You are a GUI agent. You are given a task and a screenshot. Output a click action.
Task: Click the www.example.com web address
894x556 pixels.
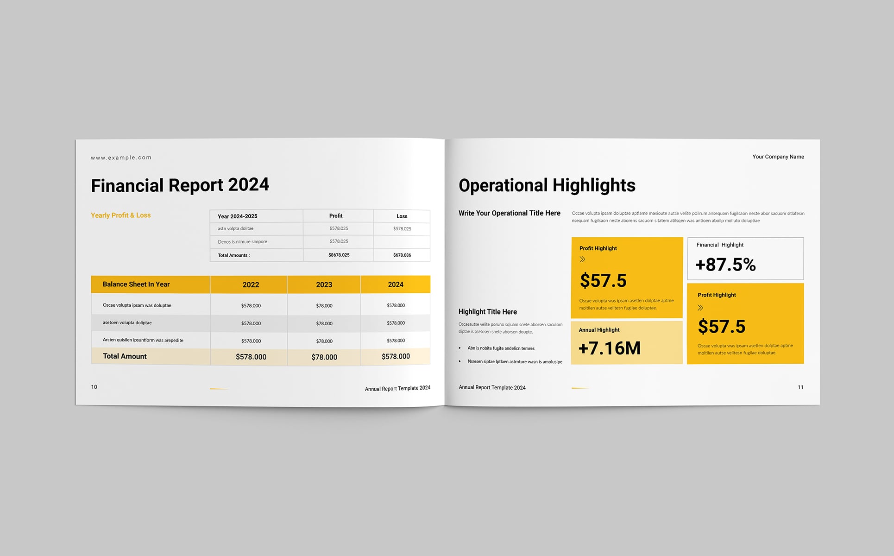click(x=121, y=158)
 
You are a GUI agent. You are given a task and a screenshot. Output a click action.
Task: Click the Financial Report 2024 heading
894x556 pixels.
click(x=180, y=185)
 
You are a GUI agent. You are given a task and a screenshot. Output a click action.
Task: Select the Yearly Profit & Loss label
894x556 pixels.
click(x=120, y=215)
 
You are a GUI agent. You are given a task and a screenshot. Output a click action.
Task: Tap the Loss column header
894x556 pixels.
click(x=402, y=216)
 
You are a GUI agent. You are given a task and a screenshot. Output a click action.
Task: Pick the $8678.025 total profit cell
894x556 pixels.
click(x=339, y=255)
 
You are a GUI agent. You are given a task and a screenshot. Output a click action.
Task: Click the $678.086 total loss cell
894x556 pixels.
click(x=402, y=255)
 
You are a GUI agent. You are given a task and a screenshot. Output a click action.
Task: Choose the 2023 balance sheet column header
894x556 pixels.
click(x=324, y=285)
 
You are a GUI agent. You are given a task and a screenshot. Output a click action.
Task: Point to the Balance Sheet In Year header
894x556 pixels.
click(x=136, y=284)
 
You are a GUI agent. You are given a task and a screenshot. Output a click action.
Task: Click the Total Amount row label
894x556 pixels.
click(x=125, y=356)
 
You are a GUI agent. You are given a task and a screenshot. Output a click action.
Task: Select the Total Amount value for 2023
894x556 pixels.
click(x=324, y=357)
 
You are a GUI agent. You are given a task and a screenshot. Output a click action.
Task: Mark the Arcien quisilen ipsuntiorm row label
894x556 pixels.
click(x=143, y=340)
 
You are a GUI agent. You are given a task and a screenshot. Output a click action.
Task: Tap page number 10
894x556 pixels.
click(x=94, y=387)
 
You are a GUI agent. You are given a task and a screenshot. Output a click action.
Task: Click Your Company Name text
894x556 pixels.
click(x=778, y=157)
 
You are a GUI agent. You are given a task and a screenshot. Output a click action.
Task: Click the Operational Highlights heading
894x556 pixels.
click(x=547, y=185)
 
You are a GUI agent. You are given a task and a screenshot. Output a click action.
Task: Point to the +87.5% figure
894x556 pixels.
click(x=725, y=265)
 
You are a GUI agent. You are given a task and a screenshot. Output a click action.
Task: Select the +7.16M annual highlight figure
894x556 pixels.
click(x=609, y=348)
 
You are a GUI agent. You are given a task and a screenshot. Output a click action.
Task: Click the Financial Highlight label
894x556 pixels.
click(x=719, y=245)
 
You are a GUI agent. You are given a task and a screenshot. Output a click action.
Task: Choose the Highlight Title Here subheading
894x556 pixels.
click(x=487, y=312)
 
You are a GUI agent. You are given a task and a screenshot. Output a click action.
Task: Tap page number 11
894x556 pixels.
click(x=800, y=387)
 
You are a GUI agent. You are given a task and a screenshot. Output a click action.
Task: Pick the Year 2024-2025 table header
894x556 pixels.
click(x=237, y=216)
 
